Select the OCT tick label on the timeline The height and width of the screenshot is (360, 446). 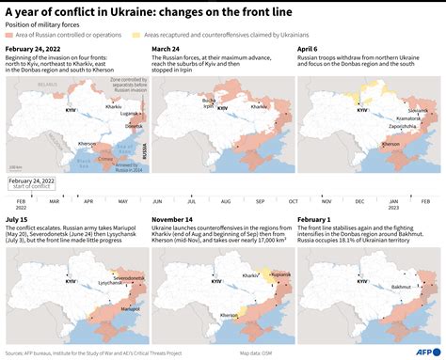tap(292, 201)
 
